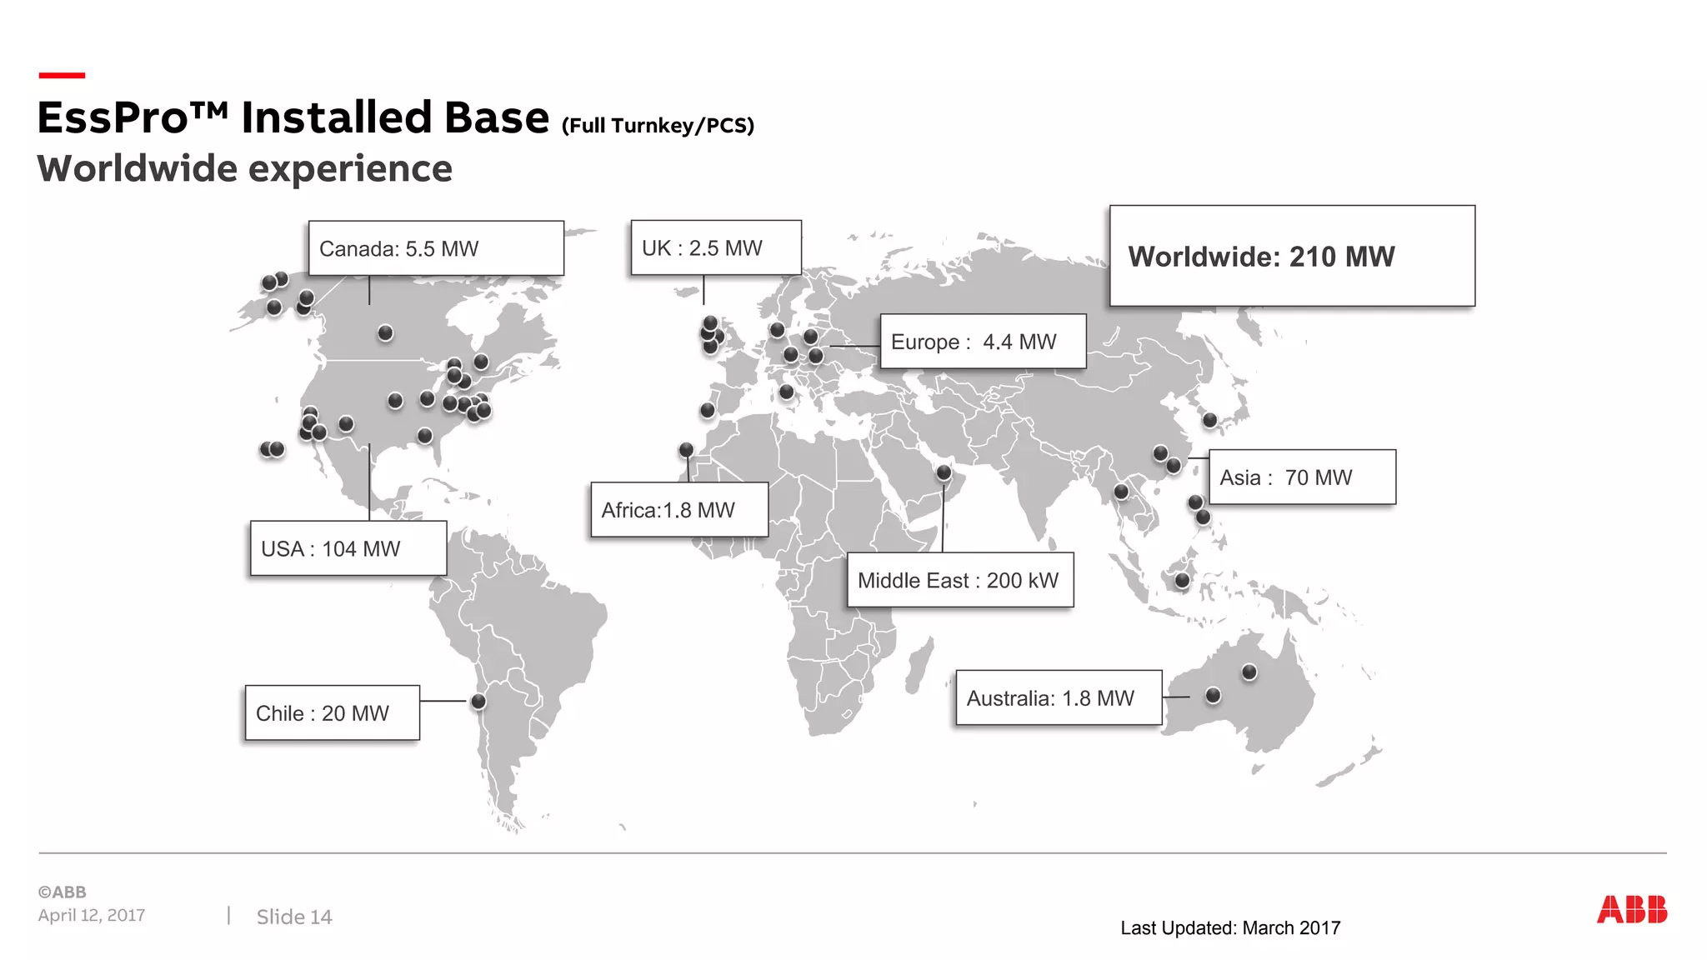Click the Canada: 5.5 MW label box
point(436,248)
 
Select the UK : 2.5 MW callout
point(716,247)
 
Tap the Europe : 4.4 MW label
point(983,342)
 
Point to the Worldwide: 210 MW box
point(1292,256)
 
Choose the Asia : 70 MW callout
point(1302,477)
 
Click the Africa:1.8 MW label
point(679,510)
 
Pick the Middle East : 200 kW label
point(959,580)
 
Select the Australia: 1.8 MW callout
point(1059,698)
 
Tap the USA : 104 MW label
point(348,548)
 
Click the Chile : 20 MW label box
point(332,713)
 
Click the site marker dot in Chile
point(478,702)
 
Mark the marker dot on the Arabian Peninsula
point(944,472)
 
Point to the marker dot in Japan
point(1210,420)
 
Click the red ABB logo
point(1631,910)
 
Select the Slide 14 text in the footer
point(294,917)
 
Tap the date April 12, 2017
point(92,915)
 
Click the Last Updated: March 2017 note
point(1230,928)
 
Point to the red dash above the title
point(62,76)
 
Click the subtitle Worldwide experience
point(245,169)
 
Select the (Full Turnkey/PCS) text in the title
point(658,126)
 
